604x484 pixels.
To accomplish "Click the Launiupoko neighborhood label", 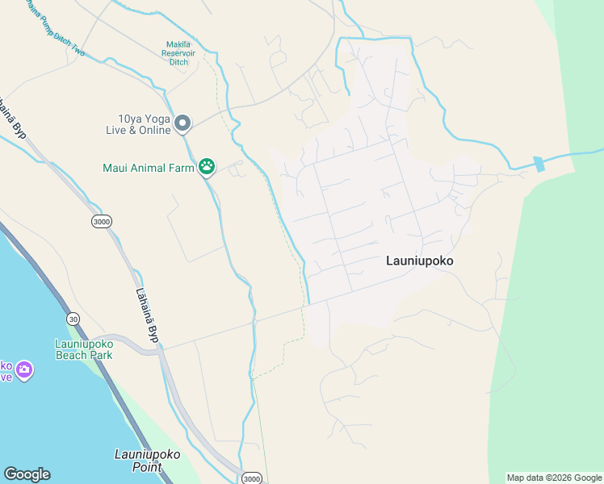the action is [419, 261].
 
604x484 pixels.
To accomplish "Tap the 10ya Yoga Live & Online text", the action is [138, 123].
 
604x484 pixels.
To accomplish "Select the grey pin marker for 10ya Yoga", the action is [182, 123].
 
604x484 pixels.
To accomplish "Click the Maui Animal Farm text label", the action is [149, 168].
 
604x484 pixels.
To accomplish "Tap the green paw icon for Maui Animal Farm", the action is [208, 167].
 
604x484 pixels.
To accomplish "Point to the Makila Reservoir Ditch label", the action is [178, 52].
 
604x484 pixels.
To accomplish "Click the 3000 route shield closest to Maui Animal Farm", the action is [101, 221].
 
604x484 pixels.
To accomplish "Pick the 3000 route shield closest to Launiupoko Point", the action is [252, 478].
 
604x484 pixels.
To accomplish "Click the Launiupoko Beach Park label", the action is [83, 349].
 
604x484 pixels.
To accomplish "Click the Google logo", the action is [27, 474].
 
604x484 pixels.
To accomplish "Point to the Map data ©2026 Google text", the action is [554, 478].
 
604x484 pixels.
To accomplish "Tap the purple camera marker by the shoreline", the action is [24, 369].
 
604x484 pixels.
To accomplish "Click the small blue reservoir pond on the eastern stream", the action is [539, 164].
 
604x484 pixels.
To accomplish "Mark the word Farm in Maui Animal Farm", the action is [182, 168].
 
